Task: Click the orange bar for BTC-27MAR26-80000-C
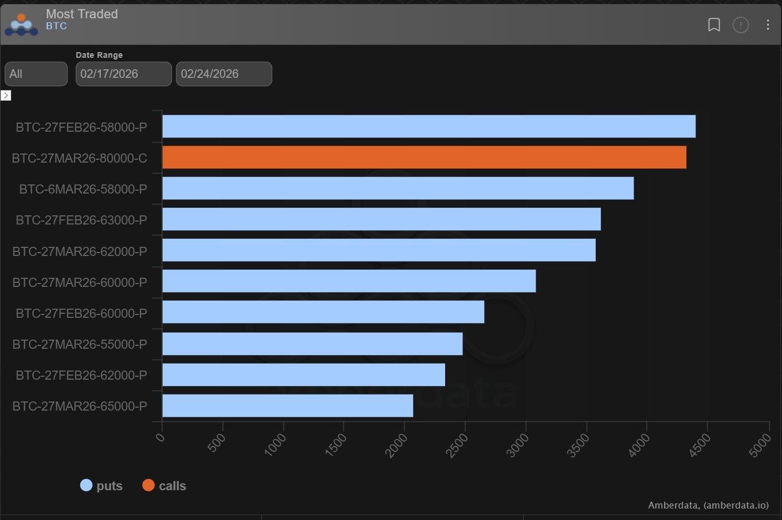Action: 424,157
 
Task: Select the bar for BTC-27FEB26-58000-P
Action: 429,127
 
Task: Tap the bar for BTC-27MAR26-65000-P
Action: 288,406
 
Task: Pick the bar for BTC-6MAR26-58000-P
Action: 398,188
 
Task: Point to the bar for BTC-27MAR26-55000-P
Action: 312,344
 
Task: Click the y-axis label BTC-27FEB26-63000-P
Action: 81,220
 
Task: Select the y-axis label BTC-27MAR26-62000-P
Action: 80,251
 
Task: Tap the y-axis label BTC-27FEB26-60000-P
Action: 81,313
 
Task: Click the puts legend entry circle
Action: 86,486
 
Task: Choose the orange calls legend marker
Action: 148,486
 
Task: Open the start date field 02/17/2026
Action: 123,74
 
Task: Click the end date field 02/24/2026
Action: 223,74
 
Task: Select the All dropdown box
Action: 36,74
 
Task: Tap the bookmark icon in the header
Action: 714,25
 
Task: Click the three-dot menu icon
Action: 768,25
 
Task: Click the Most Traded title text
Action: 82,14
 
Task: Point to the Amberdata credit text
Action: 708,505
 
